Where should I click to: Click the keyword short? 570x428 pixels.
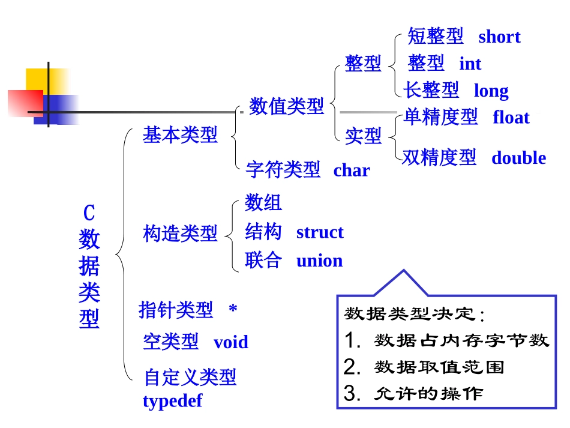pyautogui.click(x=499, y=37)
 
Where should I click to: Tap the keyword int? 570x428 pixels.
pyautogui.click(x=470, y=64)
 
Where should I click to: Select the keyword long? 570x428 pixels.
pyautogui.click(x=491, y=91)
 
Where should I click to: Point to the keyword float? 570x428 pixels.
pyautogui.click(x=511, y=118)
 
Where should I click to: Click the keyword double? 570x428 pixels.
pyautogui.click(x=518, y=158)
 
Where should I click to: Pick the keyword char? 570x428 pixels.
pyautogui.click(x=352, y=170)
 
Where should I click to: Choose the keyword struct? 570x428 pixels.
pyautogui.click(x=320, y=232)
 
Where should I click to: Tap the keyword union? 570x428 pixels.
pyautogui.click(x=319, y=261)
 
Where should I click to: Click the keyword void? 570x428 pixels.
pyautogui.click(x=231, y=342)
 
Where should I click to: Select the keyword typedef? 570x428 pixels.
pyautogui.click(x=172, y=400)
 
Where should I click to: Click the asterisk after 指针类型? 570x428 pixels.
pyautogui.click(x=233, y=310)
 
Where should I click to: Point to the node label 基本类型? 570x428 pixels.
pyautogui.click(x=179, y=135)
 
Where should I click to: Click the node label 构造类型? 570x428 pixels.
pyautogui.click(x=180, y=233)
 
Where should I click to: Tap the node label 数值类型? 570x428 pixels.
pyautogui.click(x=286, y=107)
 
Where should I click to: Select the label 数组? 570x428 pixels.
pyautogui.click(x=263, y=203)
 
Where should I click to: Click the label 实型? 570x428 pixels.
pyautogui.click(x=363, y=136)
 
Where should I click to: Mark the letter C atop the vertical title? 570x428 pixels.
pyautogui.click(x=89, y=212)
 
